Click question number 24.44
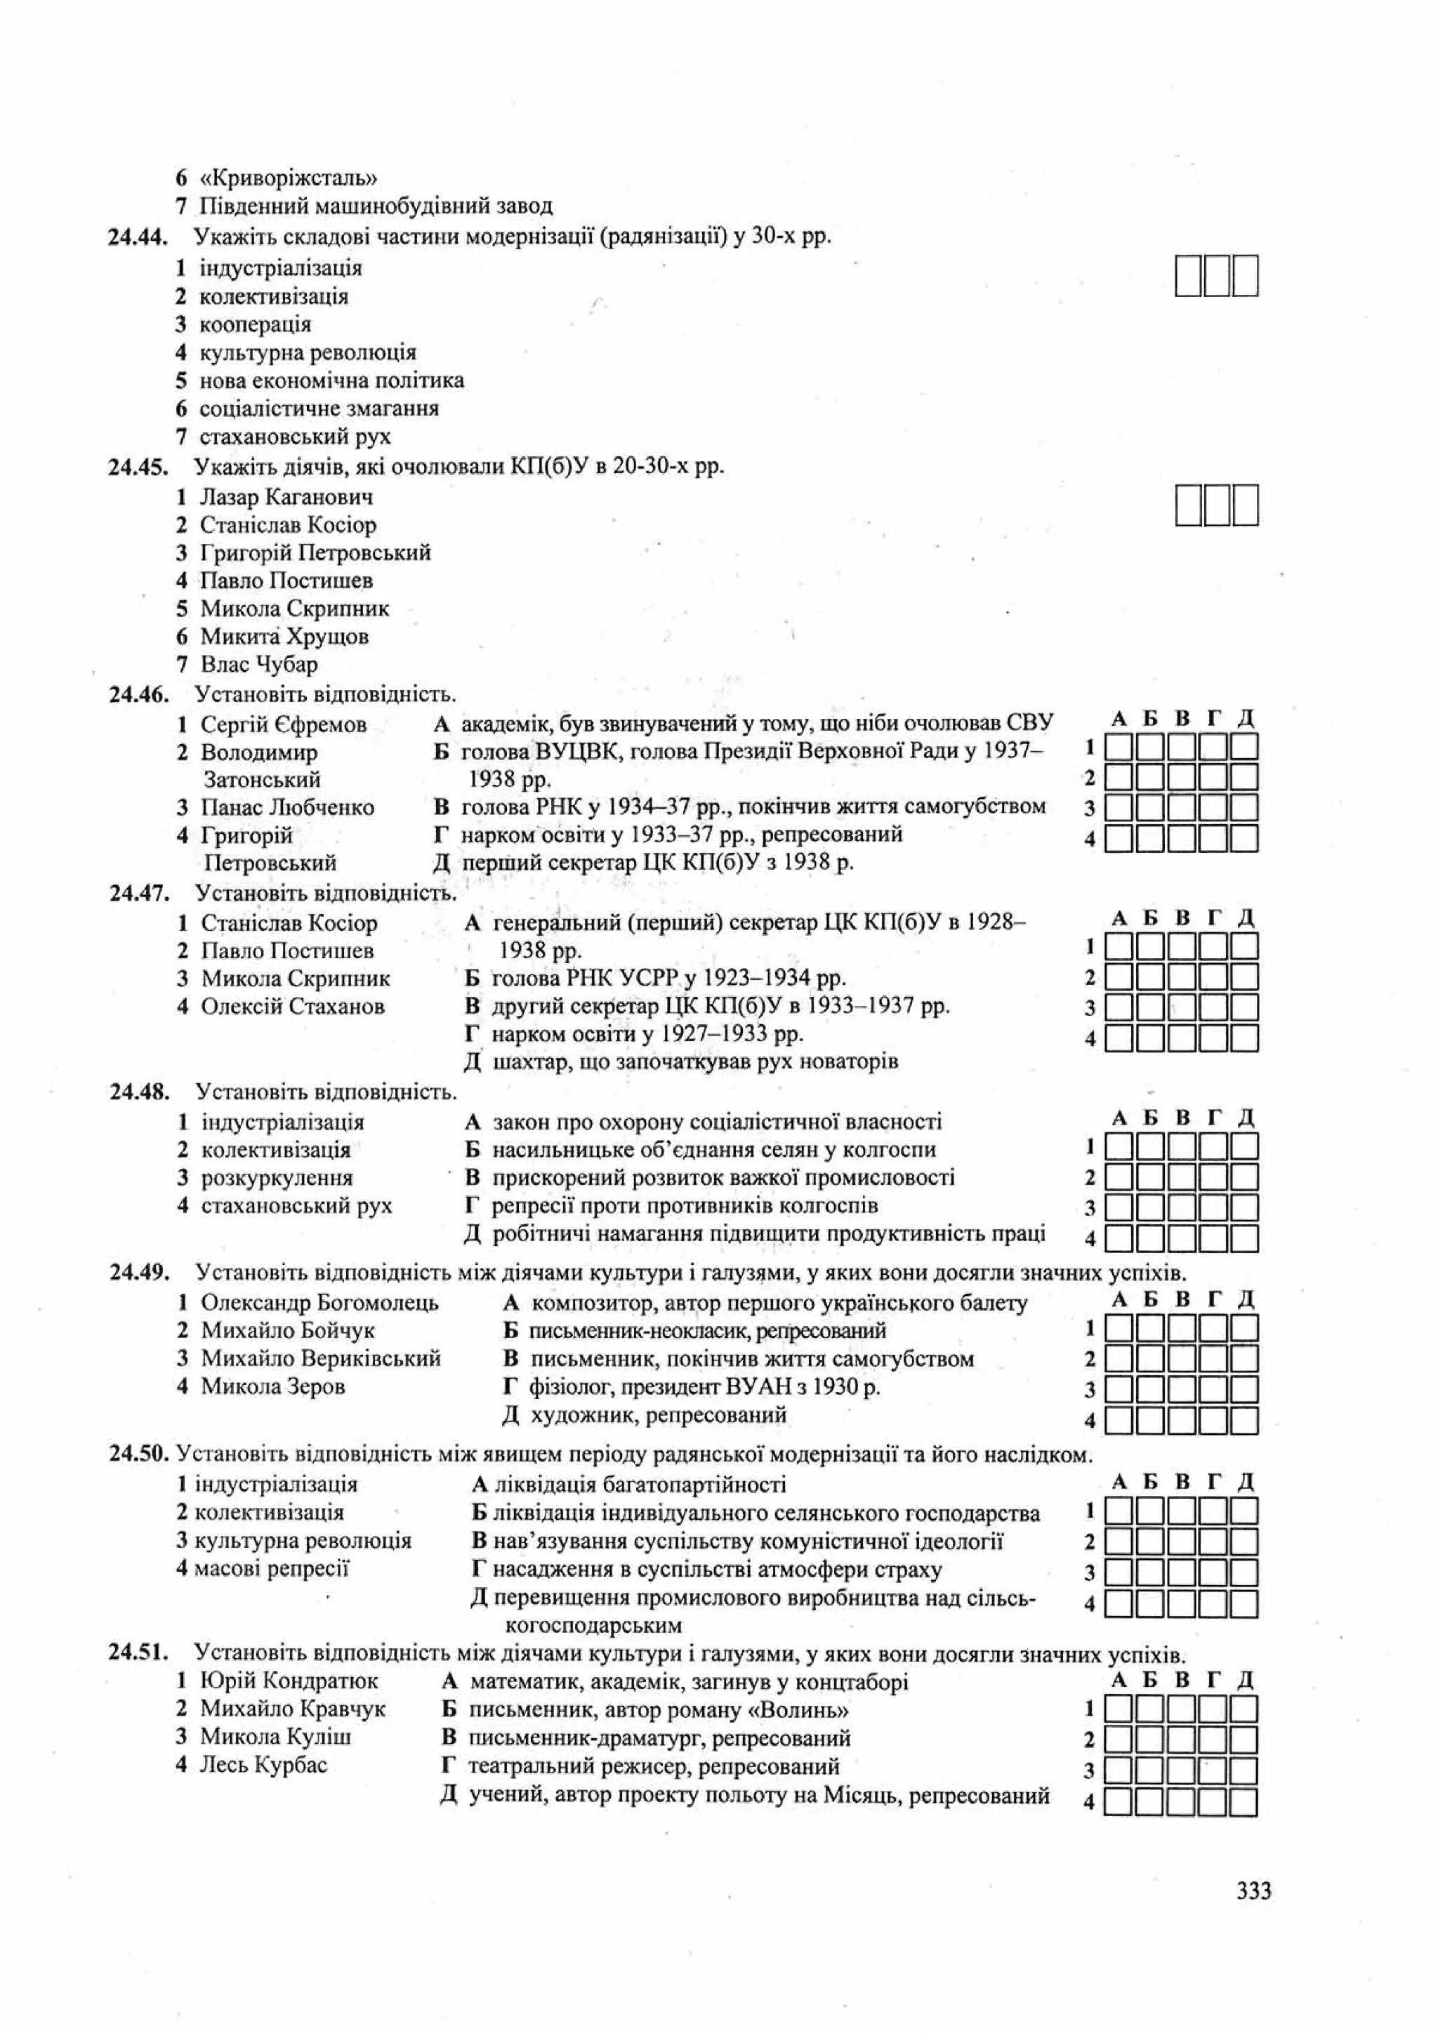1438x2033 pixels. point(138,237)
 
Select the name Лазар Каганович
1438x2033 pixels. point(286,497)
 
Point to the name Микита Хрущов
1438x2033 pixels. point(284,637)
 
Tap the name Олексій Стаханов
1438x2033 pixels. point(292,1006)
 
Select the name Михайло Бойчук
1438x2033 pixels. point(287,1331)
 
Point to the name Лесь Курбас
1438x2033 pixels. point(263,1765)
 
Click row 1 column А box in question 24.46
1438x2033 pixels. point(1119,748)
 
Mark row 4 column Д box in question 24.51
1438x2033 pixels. point(1244,1801)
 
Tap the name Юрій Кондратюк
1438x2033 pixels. point(289,1681)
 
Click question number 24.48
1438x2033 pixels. point(139,1092)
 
